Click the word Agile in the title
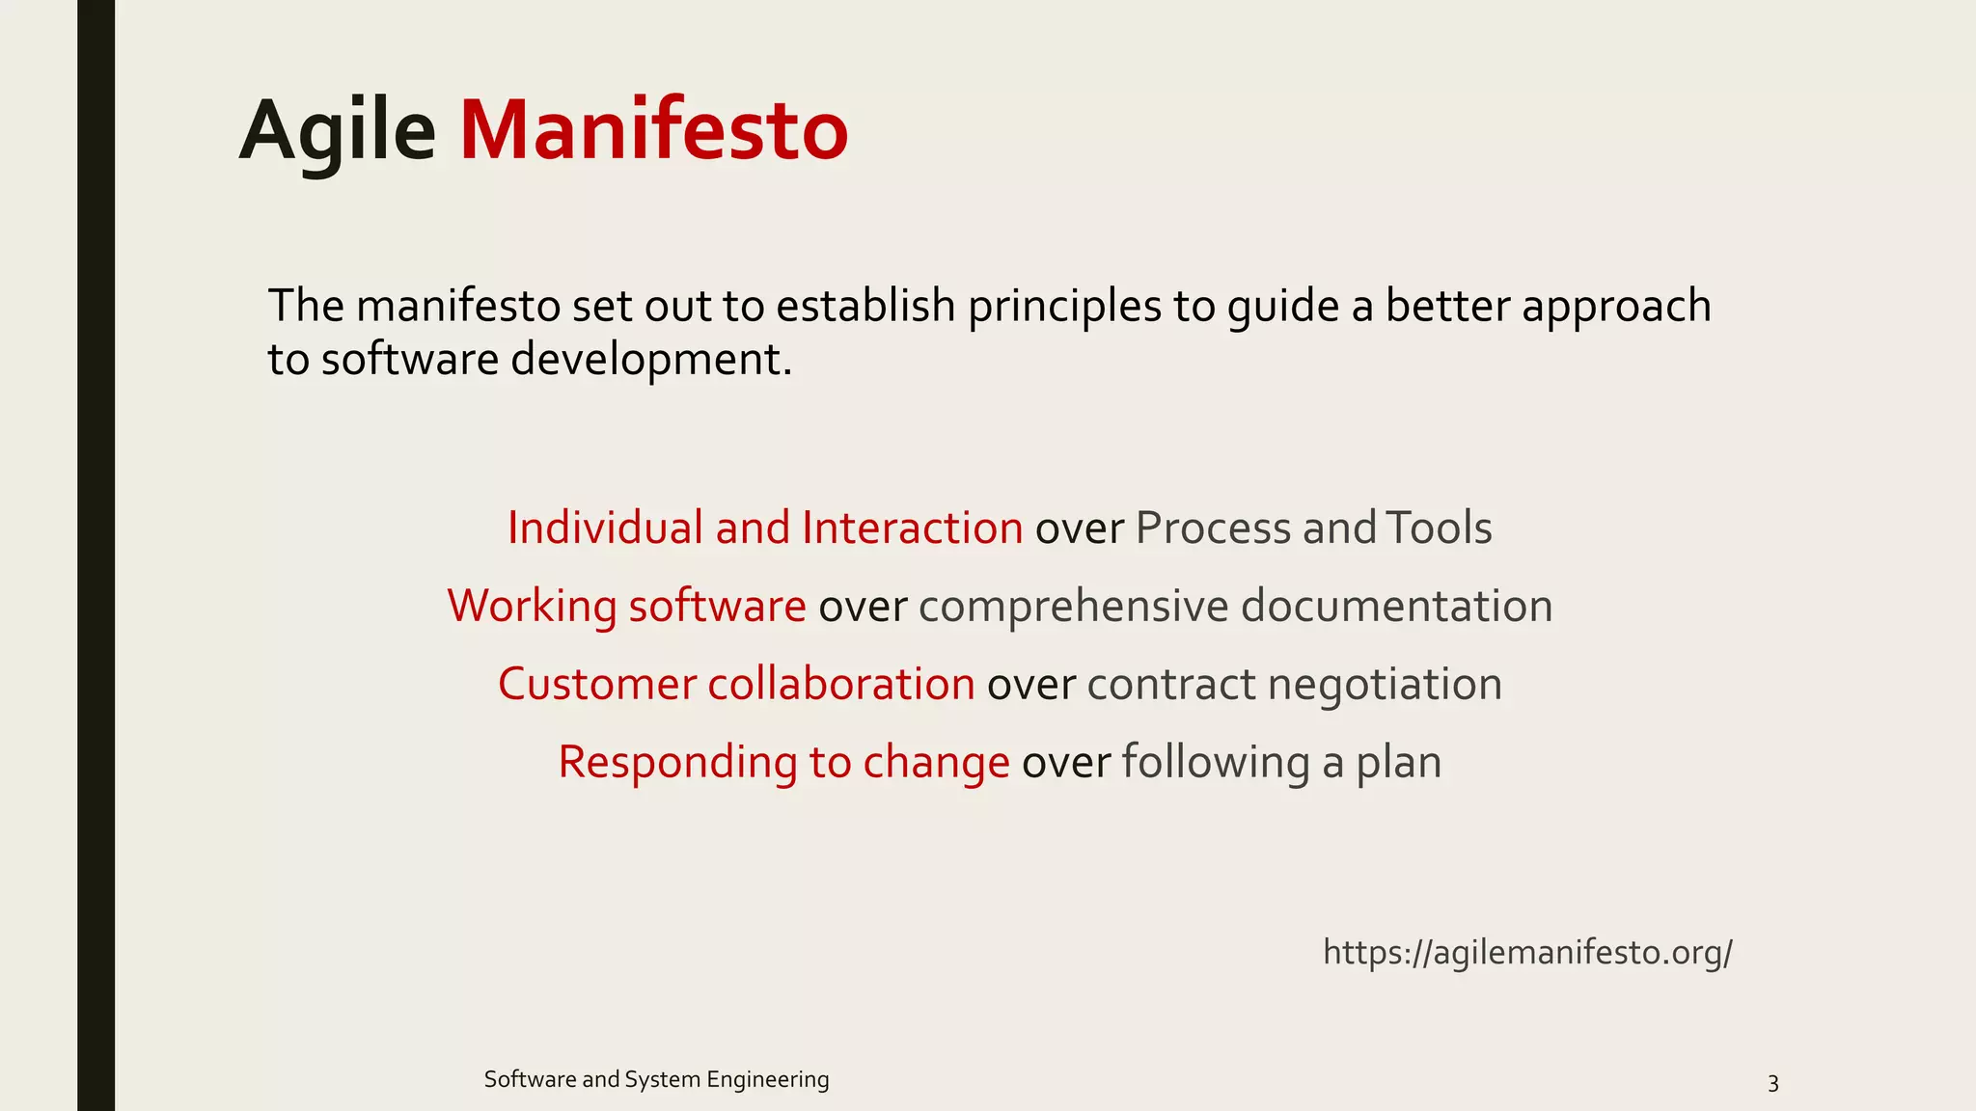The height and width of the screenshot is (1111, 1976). coord(337,131)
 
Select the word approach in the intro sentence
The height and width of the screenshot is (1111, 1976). coord(1616,307)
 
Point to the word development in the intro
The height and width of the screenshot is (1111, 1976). coord(649,360)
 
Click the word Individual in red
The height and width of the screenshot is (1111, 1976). coord(605,528)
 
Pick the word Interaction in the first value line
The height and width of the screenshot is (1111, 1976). coord(912,528)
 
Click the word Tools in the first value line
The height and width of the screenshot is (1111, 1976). coord(1440,528)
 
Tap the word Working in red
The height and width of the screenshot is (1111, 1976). coord(532,607)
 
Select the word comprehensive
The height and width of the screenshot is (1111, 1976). coord(1073,607)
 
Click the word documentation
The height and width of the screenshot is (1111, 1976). coord(1396,607)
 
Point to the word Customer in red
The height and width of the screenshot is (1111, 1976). coord(596,685)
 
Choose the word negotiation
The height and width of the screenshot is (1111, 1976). coord(1385,685)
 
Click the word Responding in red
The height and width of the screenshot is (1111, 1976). coord(677,763)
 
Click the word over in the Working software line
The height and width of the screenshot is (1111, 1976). coord(863,607)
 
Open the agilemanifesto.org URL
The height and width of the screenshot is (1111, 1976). coord(1527,953)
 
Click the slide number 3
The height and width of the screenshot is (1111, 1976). coord(1772,1083)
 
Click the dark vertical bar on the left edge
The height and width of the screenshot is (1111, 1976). coord(96,555)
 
